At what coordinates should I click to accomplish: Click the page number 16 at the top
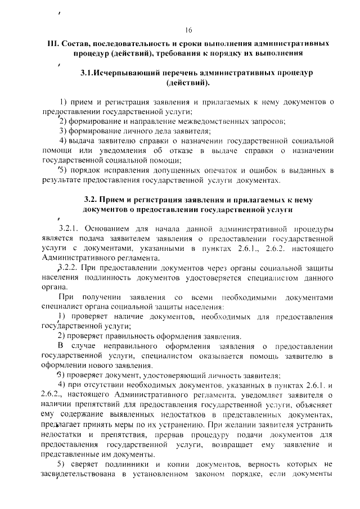point(188,30)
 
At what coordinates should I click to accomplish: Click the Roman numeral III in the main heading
point(52,43)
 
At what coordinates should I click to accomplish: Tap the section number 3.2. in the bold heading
point(92,200)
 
